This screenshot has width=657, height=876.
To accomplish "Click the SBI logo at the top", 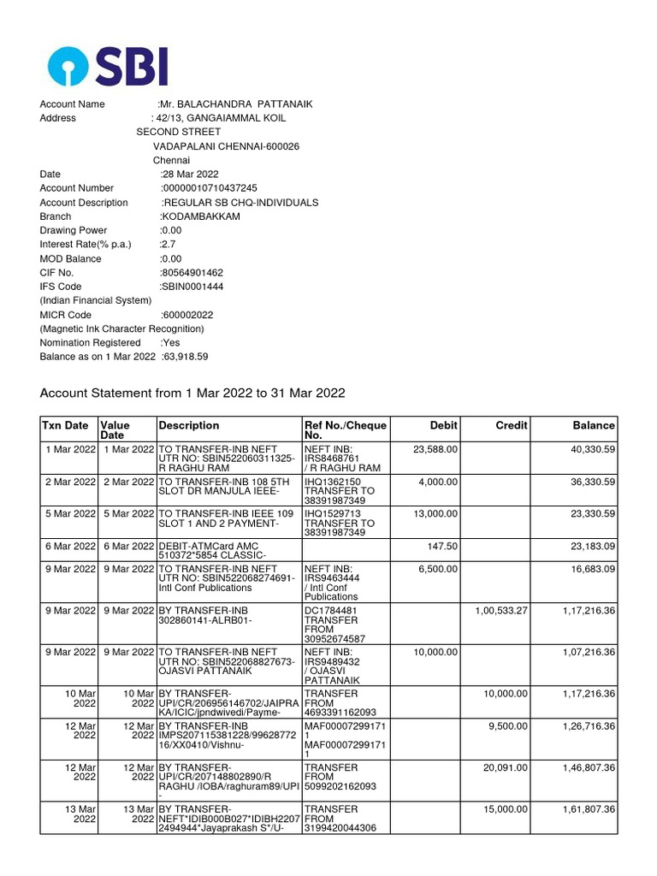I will (109, 66).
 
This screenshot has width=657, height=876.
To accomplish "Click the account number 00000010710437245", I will (210, 188).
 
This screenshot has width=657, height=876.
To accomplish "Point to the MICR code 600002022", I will (187, 315).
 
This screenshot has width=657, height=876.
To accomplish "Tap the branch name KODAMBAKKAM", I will (201, 216).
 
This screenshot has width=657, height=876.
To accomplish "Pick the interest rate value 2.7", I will (169, 245).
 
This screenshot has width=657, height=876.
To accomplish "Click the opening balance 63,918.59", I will (185, 357).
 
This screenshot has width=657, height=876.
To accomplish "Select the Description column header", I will (189, 425).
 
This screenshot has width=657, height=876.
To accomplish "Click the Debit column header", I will (443, 425).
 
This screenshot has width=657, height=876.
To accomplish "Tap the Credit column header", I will (512, 425).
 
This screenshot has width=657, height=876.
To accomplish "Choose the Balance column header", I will (594, 425).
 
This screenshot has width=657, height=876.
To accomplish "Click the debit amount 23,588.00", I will (435, 449).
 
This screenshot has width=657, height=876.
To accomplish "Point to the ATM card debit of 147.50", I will (442, 546).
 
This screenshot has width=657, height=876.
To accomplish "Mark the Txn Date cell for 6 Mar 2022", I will (69, 546).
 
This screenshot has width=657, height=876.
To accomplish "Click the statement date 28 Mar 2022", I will (191, 175).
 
